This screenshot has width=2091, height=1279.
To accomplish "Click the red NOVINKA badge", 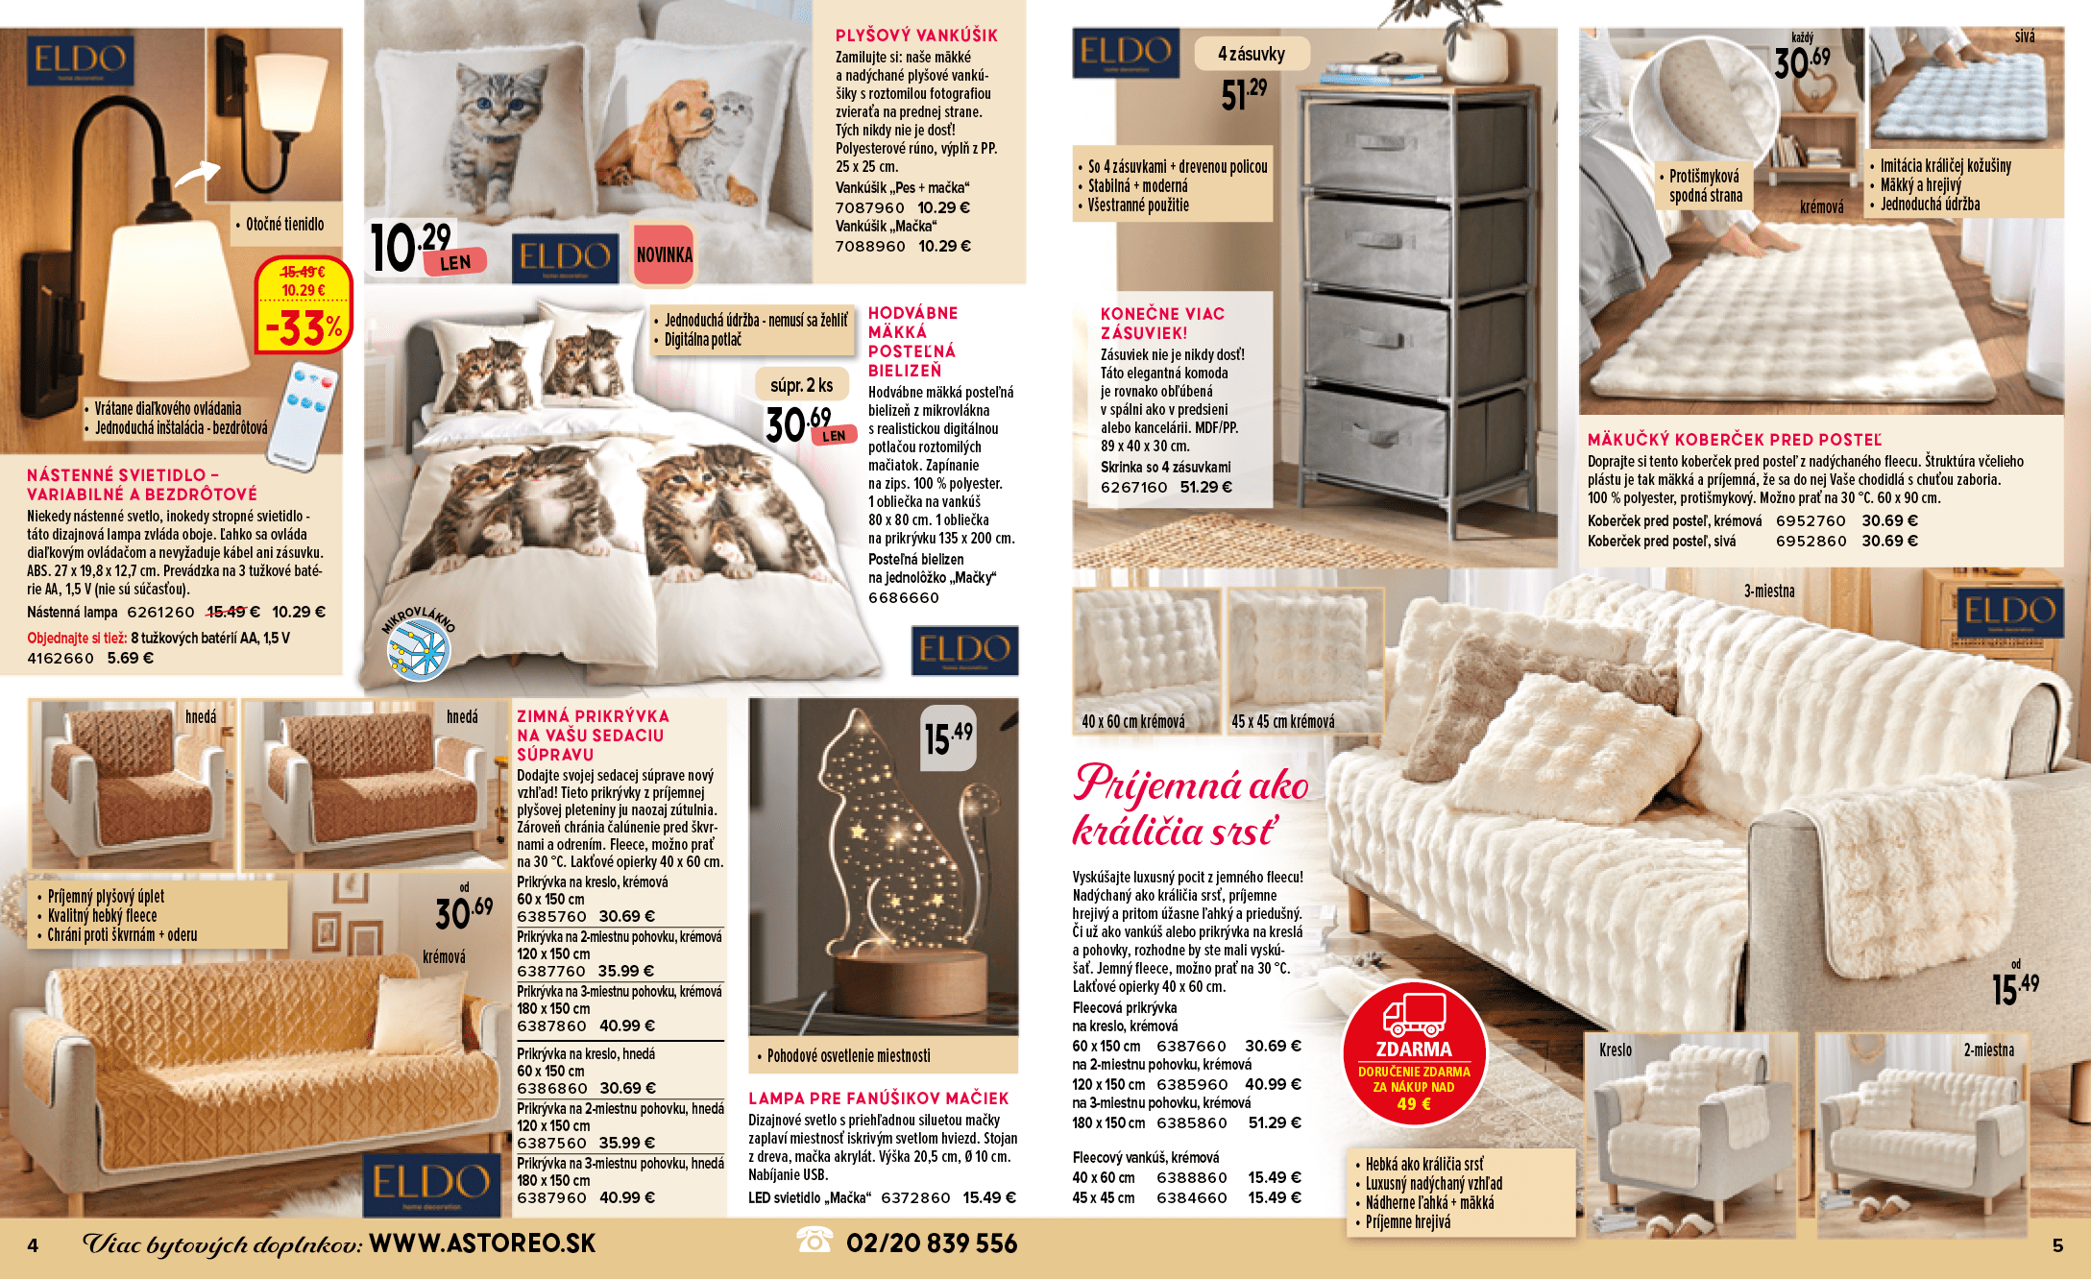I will click(x=664, y=254).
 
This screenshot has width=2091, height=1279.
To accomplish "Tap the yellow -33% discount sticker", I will click(x=304, y=328).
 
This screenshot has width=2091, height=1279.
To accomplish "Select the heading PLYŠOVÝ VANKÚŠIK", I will click(x=916, y=36).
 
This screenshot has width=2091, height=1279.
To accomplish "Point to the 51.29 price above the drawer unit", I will click(x=1244, y=94).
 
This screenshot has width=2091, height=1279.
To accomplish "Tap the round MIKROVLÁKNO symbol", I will click(x=418, y=647).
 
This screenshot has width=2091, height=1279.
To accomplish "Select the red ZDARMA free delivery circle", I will click(x=1414, y=1053).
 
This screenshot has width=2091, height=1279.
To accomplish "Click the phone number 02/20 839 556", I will click(x=931, y=1244).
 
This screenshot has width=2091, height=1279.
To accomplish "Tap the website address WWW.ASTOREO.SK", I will click(x=482, y=1243).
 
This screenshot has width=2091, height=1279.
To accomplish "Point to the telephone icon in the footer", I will click(x=815, y=1241).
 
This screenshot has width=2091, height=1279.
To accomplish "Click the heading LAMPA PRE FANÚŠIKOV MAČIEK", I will click(x=878, y=1098).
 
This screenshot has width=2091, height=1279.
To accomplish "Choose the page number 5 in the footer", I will click(x=2057, y=1245).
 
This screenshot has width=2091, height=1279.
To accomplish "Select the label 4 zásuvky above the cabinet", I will click(x=1252, y=55).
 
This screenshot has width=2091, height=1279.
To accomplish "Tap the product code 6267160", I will click(x=1133, y=487).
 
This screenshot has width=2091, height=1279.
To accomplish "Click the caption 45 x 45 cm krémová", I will click(x=1282, y=722).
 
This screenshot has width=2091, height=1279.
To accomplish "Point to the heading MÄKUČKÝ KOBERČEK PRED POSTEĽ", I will click(x=1734, y=440).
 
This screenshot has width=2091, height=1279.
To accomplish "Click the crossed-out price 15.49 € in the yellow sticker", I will click(x=303, y=273).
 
